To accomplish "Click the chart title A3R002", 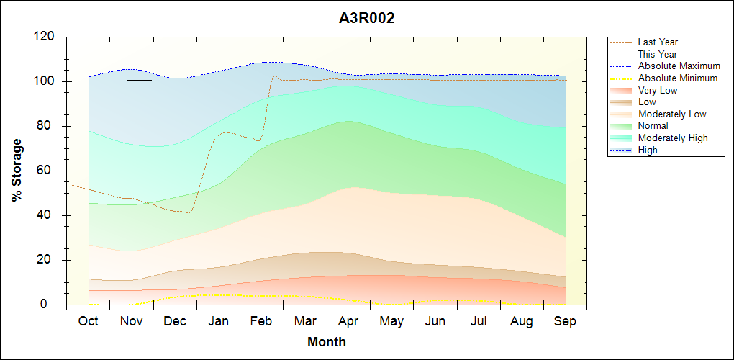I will (367, 19).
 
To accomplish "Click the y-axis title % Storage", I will (17, 174).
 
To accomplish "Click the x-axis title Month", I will (327, 342).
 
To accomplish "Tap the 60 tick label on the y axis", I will (49, 171).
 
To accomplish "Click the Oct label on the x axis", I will (88, 321).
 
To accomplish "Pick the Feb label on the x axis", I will (262, 321).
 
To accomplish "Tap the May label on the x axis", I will (391, 321).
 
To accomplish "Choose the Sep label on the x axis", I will (565, 321).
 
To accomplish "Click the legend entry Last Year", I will (658, 42).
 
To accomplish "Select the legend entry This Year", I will (658, 54).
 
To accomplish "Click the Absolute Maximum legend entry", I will (679, 66).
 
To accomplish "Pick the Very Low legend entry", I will (658, 90).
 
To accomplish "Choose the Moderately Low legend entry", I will (672, 114).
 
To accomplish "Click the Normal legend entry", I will (653, 126).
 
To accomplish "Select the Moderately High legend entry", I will (673, 138).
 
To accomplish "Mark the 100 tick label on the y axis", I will (46, 81).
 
